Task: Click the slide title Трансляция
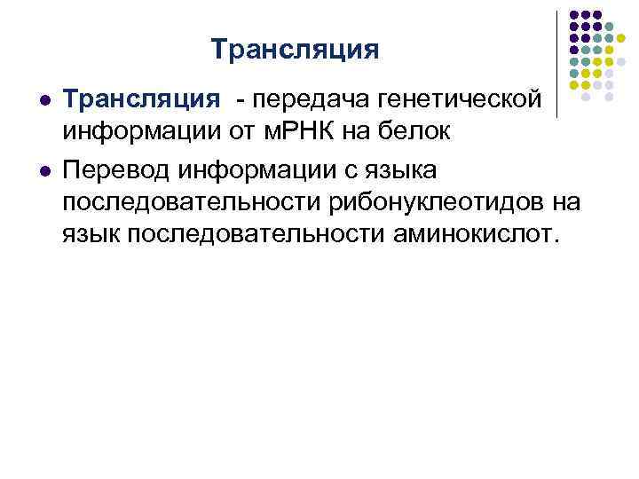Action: click(x=296, y=48)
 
